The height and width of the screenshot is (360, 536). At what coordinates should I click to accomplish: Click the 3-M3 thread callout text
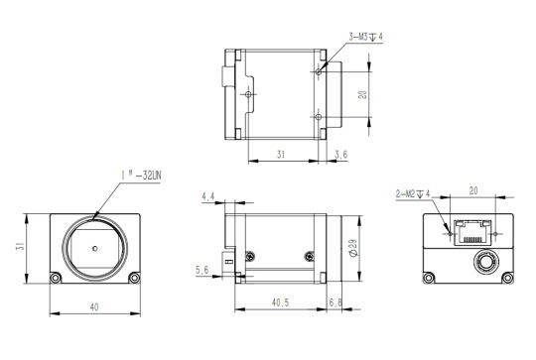click(365, 37)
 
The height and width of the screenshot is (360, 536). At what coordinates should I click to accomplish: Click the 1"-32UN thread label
click(141, 176)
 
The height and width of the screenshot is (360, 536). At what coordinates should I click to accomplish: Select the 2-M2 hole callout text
click(413, 194)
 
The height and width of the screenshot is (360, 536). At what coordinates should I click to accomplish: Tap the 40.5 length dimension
click(280, 302)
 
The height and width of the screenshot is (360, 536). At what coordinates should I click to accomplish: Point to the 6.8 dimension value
click(335, 302)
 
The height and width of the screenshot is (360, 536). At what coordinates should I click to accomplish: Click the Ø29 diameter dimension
click(353, 248)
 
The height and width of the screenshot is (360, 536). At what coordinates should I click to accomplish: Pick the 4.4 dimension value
click(207, 196)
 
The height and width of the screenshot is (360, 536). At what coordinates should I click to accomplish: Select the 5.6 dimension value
click(201, 270)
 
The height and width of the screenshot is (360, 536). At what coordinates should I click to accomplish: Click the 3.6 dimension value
click(341, 155)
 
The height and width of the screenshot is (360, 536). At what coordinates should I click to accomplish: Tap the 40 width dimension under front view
click(94, 307)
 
